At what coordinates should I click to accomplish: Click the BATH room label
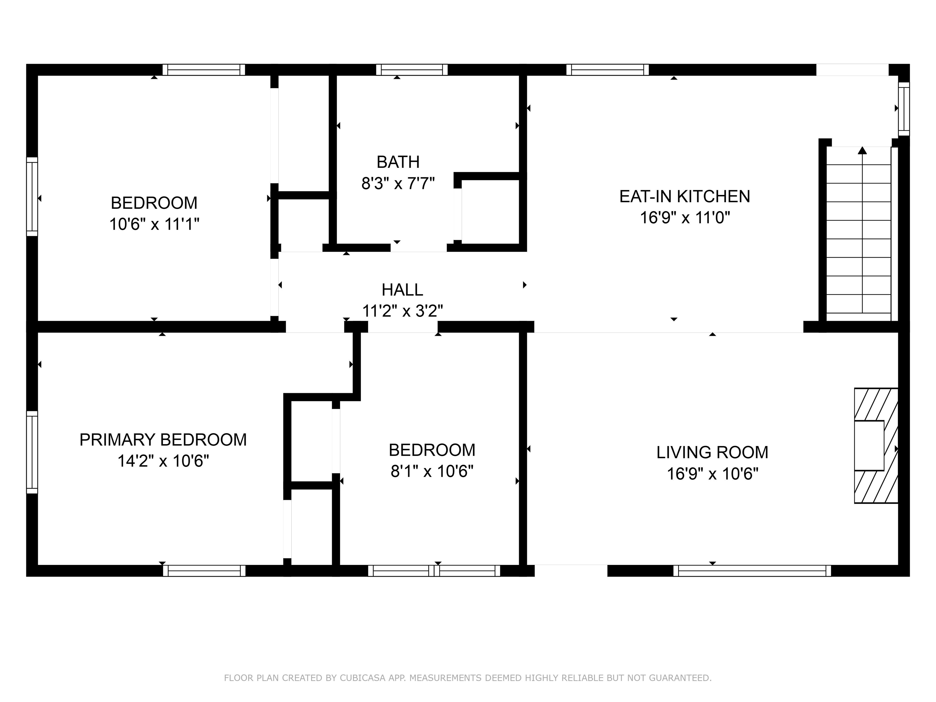coord(398,162)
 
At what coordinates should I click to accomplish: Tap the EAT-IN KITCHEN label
coord(685,196)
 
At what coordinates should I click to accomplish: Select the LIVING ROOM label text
coord(712,452)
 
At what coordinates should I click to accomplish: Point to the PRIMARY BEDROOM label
coord(163,440)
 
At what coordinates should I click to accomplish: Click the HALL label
coord(402,290)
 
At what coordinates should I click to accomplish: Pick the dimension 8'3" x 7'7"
coord(398,184)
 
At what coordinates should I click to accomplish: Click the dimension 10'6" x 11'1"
coord(154,224)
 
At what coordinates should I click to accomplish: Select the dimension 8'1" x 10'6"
coord(432,471)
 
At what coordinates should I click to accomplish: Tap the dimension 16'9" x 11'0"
coord(685,218)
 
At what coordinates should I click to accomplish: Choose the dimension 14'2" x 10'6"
coord(163,461)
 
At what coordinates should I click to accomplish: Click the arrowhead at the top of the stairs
coord(862,150)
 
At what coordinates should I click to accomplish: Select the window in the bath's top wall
coord(412,70)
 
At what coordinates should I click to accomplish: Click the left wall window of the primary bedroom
coord(32,452)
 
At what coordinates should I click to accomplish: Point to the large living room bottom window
coord(752,571)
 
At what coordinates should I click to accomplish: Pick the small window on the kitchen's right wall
coord(904,109)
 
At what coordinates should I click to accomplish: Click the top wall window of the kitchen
coord(607,70)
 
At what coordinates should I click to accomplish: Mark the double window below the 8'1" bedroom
coord(434,571)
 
